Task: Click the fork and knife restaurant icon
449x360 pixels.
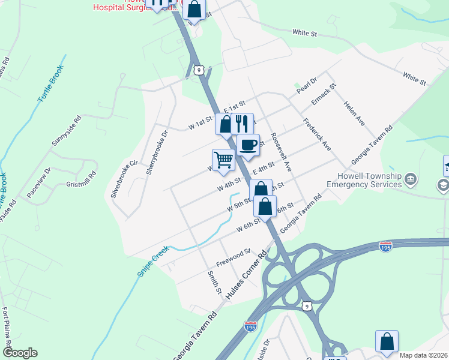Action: click(x=242, y=124)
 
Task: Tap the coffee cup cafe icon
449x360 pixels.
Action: click(x=247, y=145)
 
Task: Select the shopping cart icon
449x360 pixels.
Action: click(x=223, y=160)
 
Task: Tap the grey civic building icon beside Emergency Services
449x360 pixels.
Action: click(x=411, y=179)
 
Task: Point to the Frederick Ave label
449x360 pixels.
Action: click(x=317, y=137)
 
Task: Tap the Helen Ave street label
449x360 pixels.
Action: click(x=354, y=112)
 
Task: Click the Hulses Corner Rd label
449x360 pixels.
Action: click(x=246, y=277)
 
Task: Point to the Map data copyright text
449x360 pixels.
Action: click(x=423, y=355)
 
